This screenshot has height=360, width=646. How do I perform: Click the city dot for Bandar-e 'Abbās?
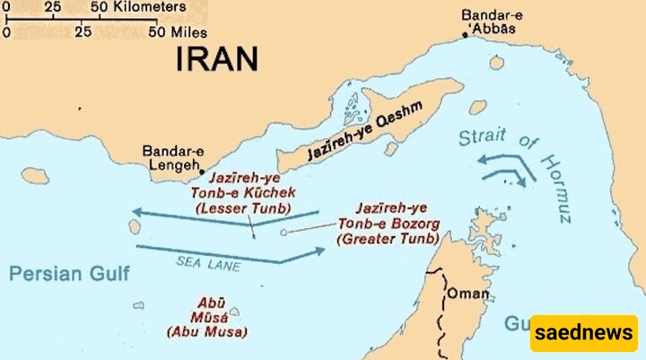click(465, 35)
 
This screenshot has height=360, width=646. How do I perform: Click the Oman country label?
click(469, 294)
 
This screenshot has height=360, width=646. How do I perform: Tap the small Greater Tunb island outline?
click(284, 233)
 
